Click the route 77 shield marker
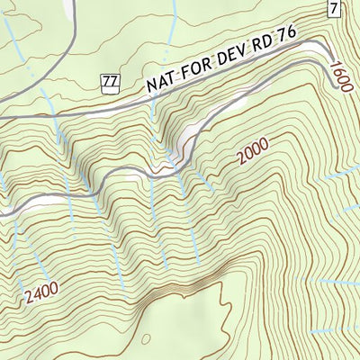click(110, 83)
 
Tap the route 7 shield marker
click(334, 9)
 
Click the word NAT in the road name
click(162, 83)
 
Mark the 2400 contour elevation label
click(41, 291)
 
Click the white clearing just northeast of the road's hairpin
click(189, 137)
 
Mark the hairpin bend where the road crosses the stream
click(169, 167)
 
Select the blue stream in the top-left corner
click(11, 36)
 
